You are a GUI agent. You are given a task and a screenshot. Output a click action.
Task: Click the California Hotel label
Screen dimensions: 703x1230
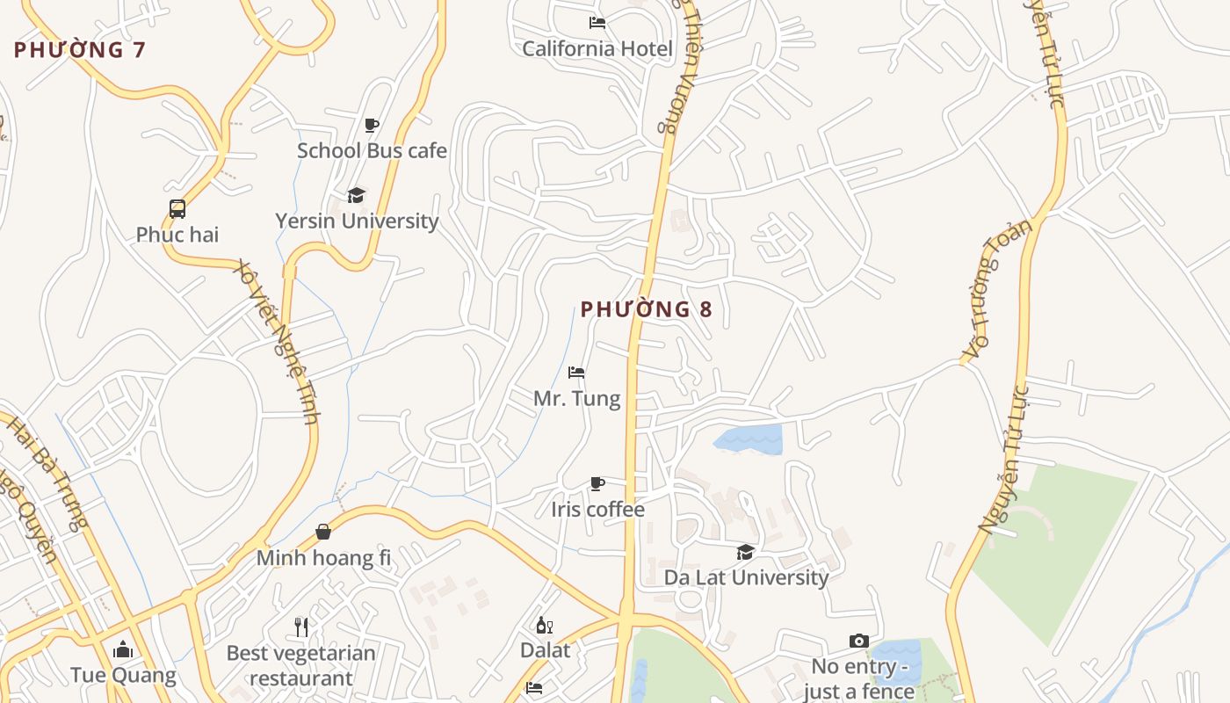[x=597, y=48]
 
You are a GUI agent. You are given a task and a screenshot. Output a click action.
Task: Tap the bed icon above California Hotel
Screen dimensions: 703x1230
[x=597, y=23]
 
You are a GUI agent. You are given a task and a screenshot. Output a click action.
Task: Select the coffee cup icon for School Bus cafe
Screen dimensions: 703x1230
[x=372, y=125]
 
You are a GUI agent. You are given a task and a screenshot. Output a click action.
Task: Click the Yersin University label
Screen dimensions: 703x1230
[x=357, y=221]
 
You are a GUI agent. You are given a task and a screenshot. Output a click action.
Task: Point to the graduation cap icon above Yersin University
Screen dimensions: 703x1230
[x=356, y=195]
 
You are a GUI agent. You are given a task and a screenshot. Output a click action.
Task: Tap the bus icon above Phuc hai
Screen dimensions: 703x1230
[x=177, y=209]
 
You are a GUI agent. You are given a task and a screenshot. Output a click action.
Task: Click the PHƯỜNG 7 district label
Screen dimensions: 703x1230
[x=79, y=50]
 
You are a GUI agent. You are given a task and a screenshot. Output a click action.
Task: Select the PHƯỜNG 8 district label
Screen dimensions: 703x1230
[x=646, y=309]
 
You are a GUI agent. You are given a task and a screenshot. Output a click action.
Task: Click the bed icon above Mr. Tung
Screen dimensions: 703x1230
[x=576, y=373]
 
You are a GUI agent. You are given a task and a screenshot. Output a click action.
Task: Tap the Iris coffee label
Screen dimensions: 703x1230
[x=597, y=510]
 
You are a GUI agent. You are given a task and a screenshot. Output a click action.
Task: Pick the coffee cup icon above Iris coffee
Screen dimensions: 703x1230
[x=597, y=483]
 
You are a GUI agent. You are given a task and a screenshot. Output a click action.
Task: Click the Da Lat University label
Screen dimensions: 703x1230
[x=746, y=577]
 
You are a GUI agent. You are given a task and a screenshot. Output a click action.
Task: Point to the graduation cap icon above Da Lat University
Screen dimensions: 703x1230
[x=745, y=552]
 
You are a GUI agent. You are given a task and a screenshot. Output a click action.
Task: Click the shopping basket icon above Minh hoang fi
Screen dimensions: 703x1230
[x=323, y=532]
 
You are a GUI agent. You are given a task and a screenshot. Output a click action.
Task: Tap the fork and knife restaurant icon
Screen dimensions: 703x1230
[x=301, y=627]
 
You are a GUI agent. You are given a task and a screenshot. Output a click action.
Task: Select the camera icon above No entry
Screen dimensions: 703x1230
[x=859, y=641]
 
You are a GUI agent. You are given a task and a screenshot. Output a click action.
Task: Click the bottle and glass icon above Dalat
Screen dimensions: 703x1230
[x=545, y=625]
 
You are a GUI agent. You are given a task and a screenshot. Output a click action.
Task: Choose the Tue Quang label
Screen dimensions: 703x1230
[x=123, y=675]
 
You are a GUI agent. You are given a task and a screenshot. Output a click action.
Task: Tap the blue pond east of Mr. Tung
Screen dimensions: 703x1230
[x=749, y=439]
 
